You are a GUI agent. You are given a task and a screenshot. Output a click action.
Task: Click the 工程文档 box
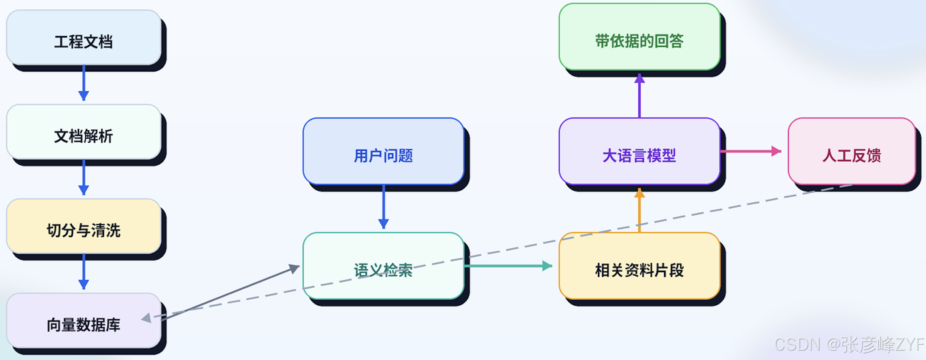click(x=84, y=38)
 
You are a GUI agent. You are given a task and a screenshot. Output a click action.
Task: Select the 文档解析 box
click(x=84, y=132)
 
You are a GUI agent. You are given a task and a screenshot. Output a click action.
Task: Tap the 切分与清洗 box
click(x=84, y=226)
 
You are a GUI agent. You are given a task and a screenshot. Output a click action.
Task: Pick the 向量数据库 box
click(x=84, y=321)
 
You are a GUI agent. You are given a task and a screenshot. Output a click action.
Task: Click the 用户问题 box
click(x=384, y=151)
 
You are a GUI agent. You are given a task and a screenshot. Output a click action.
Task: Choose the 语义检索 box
click(x=384, y=266)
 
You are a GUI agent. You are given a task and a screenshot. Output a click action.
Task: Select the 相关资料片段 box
click(x=640, y=266)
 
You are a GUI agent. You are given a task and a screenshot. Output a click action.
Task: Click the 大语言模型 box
click(x=640, y=151)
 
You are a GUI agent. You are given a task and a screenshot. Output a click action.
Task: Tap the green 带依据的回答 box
click(x=640, y=37)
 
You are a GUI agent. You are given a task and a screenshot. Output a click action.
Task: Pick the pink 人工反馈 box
click(x=852, y=151)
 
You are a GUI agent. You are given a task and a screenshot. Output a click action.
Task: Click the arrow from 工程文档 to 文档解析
click(x=84, y=83)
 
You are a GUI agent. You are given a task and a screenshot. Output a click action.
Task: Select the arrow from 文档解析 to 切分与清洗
click(x=84, y=177)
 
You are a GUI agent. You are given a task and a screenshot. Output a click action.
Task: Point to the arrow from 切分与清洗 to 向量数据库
click(x=84, y=272)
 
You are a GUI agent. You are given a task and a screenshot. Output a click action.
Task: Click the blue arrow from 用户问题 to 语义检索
click(x=384, y=207)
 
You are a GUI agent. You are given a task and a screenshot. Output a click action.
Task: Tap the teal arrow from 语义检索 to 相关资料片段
click(x=508, y=266)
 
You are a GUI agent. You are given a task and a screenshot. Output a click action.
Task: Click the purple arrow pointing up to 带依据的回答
click(x=640, y=96)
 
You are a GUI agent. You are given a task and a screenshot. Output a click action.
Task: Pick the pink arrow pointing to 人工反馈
click(x=751, y=151)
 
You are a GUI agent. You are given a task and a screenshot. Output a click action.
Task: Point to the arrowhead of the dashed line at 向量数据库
click(x=146, y=318)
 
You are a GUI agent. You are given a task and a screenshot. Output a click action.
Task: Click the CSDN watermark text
click(x=849, y=344)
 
